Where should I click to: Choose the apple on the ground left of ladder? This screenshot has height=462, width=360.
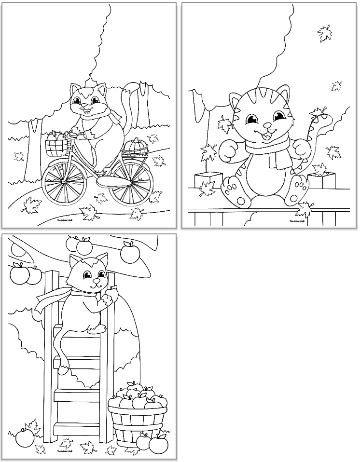click(25, 437)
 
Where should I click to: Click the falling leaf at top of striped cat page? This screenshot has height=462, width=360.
click(324, 34)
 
